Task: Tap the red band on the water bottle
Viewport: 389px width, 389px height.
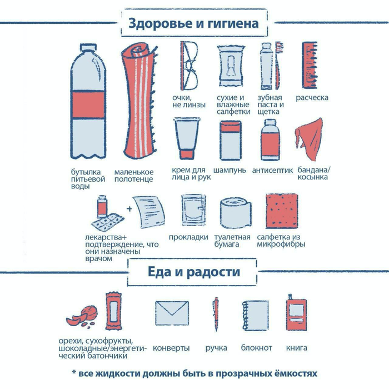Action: tap(88, 104)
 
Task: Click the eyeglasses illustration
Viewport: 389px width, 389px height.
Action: tap(189, 66)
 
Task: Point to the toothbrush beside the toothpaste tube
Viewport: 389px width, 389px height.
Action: tap(279, 66)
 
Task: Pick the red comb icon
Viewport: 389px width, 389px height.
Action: tap(310, 65)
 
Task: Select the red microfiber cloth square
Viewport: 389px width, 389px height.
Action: tap(282, 211)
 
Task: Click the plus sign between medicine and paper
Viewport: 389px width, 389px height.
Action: tap(129, 208)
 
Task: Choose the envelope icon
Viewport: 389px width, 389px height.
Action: tap(172, 313)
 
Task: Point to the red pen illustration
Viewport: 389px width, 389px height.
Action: tap(216, 314)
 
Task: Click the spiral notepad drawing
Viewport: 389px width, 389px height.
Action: tap(255, 315)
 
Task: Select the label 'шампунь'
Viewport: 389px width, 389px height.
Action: tap(230, 171)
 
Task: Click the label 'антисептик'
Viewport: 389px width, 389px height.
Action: tap(272, 171)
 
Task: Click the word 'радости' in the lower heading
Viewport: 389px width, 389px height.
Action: tap(213, 272)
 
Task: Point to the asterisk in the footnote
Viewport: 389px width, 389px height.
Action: tap(74, 372)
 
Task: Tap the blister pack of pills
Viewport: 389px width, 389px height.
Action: tap(108, 221)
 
